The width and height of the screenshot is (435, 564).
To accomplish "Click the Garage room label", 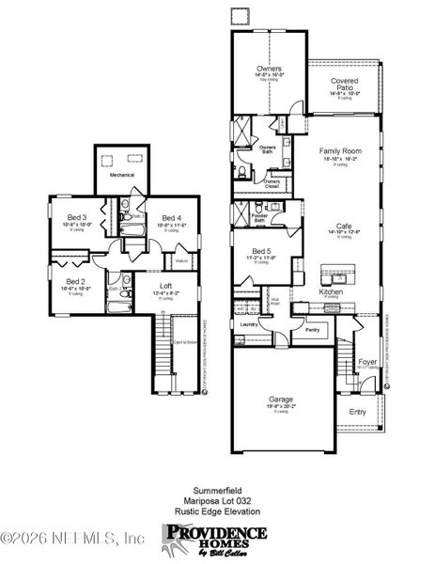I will (281, 399).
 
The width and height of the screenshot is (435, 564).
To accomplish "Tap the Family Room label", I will (341, 150).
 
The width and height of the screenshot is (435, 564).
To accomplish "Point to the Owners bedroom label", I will (270, 70).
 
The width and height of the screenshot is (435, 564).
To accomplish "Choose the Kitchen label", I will (332, 292).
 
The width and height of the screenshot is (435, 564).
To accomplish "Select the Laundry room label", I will (249, 324).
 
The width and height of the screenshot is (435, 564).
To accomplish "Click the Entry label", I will (359, 412).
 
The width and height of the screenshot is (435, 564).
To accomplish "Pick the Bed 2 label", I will (76, 282).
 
